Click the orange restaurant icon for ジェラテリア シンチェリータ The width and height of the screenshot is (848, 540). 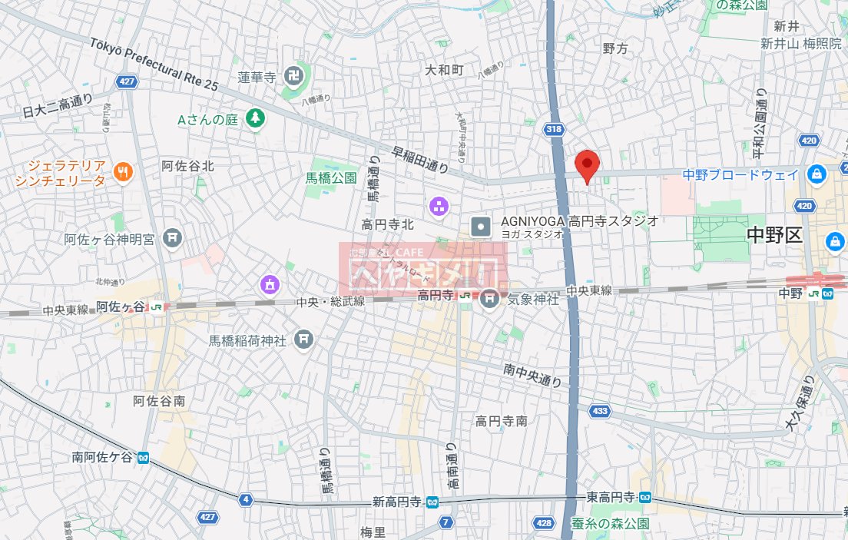click(x=122, y=173)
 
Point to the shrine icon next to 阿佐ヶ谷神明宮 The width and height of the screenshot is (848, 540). click(x=172, y=239)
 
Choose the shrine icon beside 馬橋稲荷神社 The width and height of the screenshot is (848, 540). click(x=303, y=338)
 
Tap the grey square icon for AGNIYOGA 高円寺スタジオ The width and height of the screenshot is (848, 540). click(x=481, y=226)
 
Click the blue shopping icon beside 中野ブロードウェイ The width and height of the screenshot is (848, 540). click(x=814, y=176)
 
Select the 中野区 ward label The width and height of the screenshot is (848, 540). click(x=774, y=235)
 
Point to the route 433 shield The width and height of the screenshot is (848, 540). click(x=601, y=411)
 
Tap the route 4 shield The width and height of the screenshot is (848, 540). click(x=246, y=500)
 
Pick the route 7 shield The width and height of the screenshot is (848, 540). click(x=446, y=523)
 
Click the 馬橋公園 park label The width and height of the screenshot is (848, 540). click(x=331, y=177)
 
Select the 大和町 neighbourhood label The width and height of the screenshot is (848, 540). click(x=445, y=70)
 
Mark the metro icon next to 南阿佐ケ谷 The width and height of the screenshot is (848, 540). click(x=143, y=457)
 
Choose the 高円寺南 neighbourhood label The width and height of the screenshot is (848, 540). click(x=501, y=420)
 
